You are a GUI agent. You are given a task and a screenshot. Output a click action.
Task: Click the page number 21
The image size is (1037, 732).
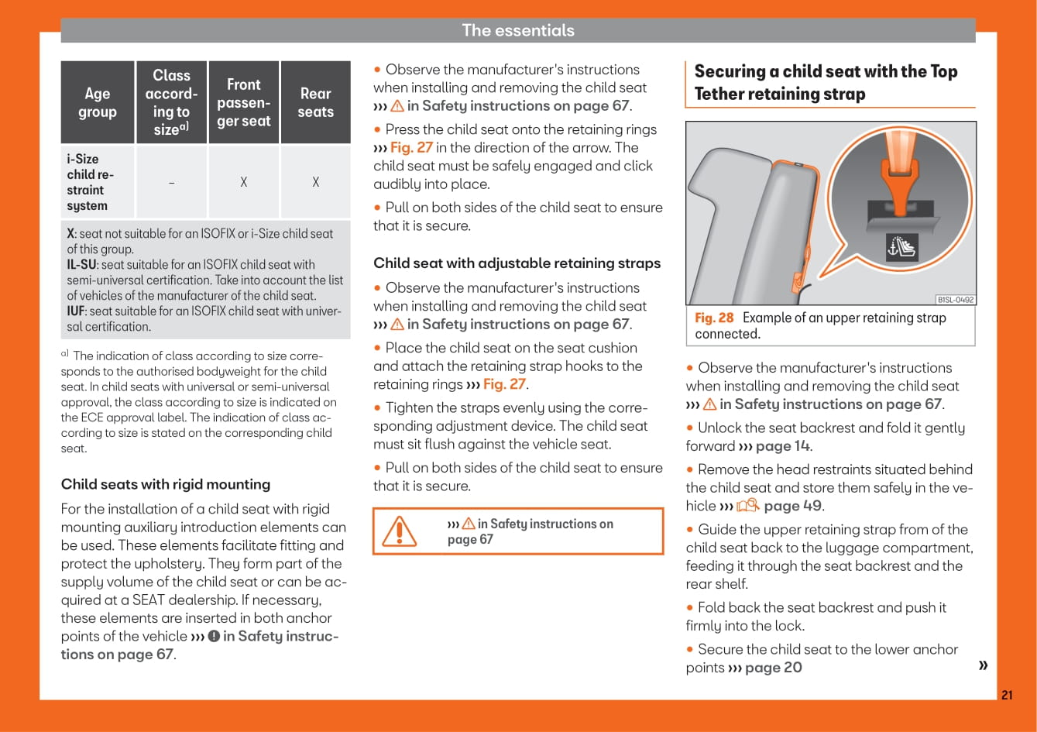coord(1006,695)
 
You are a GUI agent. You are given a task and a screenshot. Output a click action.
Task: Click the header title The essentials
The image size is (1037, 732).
coord(518,30)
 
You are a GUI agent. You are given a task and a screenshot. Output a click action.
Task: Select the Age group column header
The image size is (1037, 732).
coord(98,103)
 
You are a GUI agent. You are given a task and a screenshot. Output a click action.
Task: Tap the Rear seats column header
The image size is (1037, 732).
coord(316,103)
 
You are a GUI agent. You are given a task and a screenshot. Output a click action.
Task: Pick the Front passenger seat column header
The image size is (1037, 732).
coord(244,103)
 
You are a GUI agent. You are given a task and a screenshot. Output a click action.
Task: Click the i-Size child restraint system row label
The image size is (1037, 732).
coord(90,182)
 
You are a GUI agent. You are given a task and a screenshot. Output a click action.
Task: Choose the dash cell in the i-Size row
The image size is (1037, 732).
coord(171,183)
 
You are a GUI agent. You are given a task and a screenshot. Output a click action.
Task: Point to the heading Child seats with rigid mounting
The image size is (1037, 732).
coord(166,484)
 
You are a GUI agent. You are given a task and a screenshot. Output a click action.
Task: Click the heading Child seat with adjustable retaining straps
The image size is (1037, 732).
coord(517,263)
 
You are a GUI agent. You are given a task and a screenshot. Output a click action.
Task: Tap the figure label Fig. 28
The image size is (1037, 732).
coord(714,318)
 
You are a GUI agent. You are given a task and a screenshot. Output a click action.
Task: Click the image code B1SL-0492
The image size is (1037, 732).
coord(956,300)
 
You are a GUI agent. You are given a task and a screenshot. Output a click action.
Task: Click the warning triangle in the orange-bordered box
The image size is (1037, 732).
coord(400,531)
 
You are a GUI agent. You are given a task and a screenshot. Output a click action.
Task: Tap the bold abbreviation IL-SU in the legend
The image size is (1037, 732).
coord(81,265)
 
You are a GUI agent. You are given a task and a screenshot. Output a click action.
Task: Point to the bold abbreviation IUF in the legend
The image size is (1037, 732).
coord(77,311)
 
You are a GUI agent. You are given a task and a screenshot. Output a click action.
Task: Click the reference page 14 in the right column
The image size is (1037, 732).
coord(783,446)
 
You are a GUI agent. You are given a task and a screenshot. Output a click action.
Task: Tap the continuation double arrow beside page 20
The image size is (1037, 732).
coord(984,665)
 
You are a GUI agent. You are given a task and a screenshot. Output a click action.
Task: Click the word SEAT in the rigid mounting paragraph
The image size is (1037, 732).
coord(149,600)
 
